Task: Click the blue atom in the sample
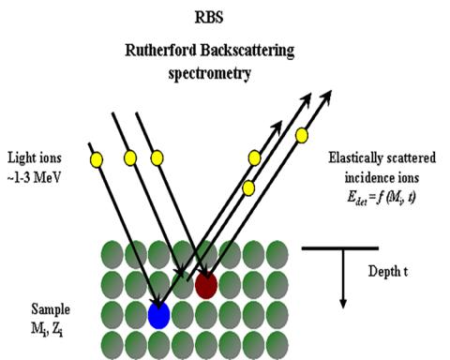(159, 315)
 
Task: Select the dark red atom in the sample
(206, 285)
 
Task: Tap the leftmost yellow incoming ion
(95, 160)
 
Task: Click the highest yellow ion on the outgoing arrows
(302, 136)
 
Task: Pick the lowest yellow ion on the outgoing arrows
(248, 188)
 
